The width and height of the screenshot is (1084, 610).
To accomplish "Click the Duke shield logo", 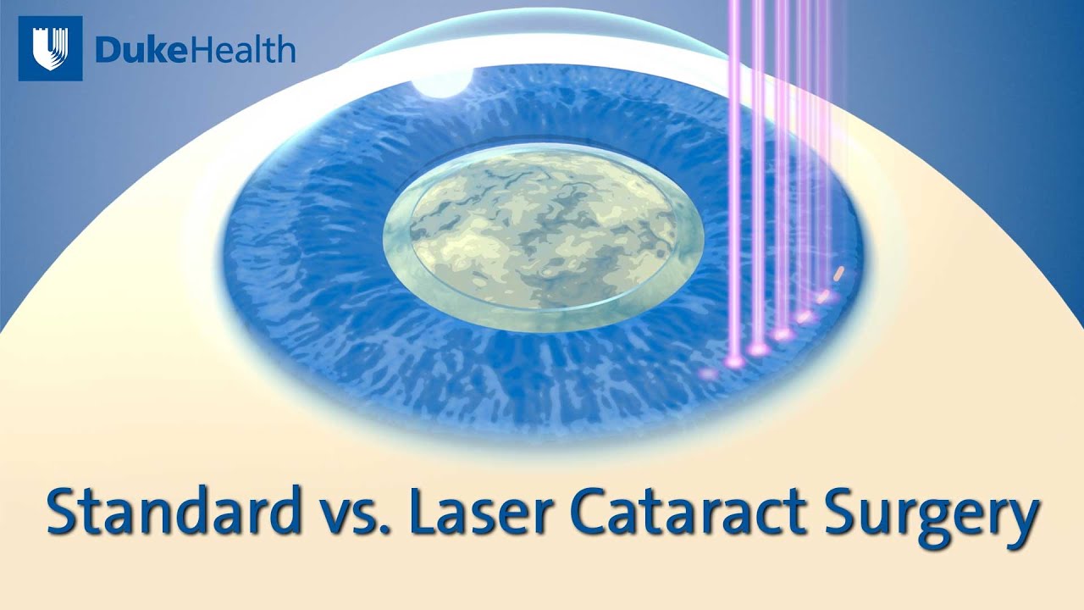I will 50,49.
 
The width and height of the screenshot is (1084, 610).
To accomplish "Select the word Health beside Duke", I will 245,50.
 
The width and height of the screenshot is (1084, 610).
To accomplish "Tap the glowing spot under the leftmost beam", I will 734,362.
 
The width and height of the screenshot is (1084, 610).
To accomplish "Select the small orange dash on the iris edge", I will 838,273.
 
